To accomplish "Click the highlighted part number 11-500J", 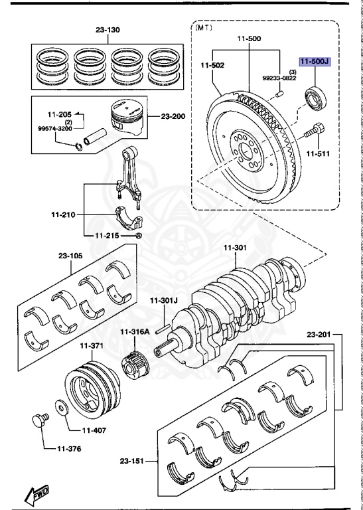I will [314, 62].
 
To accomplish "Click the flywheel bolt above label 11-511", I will [313, 132].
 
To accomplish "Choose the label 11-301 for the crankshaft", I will [234, 248].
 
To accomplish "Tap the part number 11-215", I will [107, 235].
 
